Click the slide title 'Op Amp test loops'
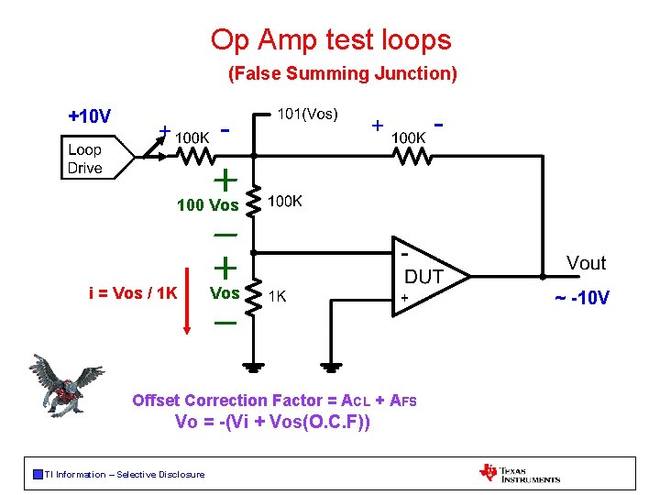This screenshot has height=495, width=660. pos(331,40)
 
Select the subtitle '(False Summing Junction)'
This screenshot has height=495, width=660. pos(342,73)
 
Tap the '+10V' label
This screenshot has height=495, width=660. pos(90,116)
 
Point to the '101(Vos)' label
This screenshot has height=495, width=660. pos(308,115)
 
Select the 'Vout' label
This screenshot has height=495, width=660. pos(586,264)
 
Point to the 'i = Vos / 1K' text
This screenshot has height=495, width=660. pos(133,293)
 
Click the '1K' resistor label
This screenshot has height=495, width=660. pos(277,296)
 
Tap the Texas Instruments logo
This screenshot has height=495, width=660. pos(519,473)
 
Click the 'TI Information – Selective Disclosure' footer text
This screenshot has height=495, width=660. pos(124,474)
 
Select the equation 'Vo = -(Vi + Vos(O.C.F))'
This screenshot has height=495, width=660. pos(272,423)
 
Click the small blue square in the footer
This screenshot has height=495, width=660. pos(37,474)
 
